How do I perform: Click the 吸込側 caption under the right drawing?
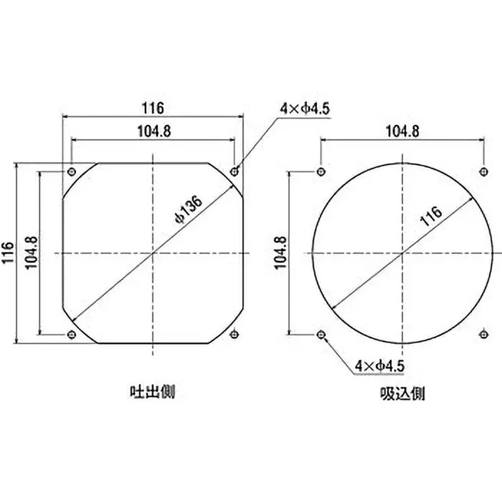point(402,393)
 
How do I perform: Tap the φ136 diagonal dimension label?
point(188,209)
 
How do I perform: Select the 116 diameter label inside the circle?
point(431,215)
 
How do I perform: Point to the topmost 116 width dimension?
point(152,108)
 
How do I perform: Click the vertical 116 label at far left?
point(8,253)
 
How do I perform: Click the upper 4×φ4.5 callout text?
point(305,109)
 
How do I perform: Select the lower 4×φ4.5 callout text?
point(380,365)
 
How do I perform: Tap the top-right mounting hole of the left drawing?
point(235,171)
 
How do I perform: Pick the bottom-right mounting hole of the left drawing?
point(235,334)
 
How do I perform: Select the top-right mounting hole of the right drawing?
point(483,171)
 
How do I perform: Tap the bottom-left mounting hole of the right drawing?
point(321,334)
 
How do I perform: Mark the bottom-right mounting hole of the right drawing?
point(483,334)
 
